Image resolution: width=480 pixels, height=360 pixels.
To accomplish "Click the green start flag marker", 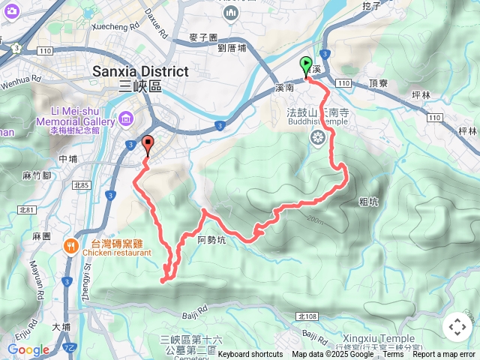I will [306, 65].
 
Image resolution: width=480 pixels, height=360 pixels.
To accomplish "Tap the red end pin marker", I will [147, 145].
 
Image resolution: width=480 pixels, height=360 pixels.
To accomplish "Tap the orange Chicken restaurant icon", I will [71, 245].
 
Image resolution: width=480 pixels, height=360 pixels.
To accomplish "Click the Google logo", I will [28, 349].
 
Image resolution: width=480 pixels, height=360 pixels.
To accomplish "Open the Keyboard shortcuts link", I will [250, 354].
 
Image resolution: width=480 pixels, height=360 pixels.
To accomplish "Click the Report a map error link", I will [444, 354].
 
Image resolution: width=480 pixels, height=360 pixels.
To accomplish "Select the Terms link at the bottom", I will [393, 354].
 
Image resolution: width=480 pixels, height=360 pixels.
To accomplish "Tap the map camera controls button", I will [457, 327].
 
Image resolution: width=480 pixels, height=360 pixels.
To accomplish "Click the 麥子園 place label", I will [203, 37].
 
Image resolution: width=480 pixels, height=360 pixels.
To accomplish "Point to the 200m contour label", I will [315, 220].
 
